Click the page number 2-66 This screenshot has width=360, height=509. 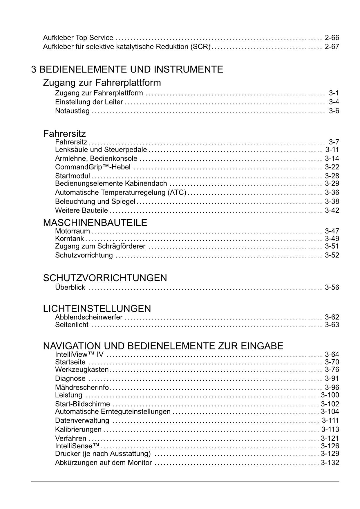(x=332, y=38)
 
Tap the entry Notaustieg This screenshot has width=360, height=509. (x=72, y=111)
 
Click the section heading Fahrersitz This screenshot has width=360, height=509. (x=64, y=134)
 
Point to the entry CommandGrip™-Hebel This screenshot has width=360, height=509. (x=93, y=167)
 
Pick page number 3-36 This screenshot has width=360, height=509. (x=332, y=193)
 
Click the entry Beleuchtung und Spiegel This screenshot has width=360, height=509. (x=95, y=202)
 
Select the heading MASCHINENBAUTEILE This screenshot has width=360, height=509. (x=95, y=223)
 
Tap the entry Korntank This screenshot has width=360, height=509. (x=69, y=239)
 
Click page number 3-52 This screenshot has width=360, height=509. (x=332, y=255)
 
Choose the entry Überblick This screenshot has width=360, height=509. (x=70, y=288)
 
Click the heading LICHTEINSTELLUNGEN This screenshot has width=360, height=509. (x=97, y=308)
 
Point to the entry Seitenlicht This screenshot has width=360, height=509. (x=72, y=325)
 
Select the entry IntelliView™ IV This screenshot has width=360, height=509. (x=79, y=355)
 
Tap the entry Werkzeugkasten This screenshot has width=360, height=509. (x=82, y=370)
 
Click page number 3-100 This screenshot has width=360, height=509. (x=330, y=395)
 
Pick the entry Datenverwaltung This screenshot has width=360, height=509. (x=82, y=421)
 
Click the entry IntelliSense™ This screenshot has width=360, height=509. (x=77, y=446)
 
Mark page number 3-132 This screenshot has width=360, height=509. (x=330, y=463)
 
